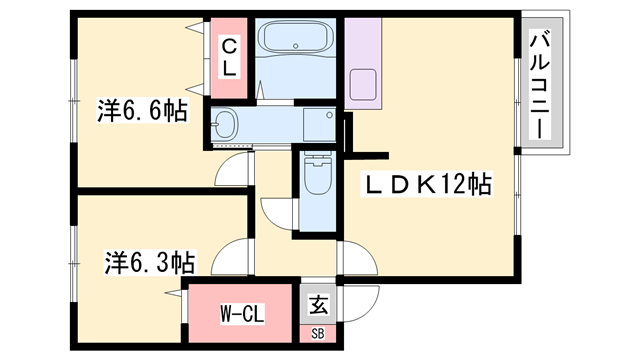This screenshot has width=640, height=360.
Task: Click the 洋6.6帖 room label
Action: [x=142, y=111]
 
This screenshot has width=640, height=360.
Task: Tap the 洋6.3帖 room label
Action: [x=150, y=262]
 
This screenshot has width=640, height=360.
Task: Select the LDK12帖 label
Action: [x=427, y=184]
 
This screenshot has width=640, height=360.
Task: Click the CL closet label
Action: [x=229, y=57]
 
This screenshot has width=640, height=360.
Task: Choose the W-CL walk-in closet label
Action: [x=242, y=313]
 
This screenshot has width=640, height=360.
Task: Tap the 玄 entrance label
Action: [x=318, y=305]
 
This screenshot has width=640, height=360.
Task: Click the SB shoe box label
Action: [x=318, y=334]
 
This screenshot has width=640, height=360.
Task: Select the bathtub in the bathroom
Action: [x=296, y=37]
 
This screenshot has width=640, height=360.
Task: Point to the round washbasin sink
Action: [x=225, y=124]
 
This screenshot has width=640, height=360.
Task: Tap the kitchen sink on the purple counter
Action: [x=363, y=84]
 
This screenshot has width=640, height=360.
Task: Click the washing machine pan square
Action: [x=319, y=125]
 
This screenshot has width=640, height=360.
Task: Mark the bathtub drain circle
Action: [x=296, y=46]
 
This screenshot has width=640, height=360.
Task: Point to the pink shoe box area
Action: [x=318, y=334]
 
